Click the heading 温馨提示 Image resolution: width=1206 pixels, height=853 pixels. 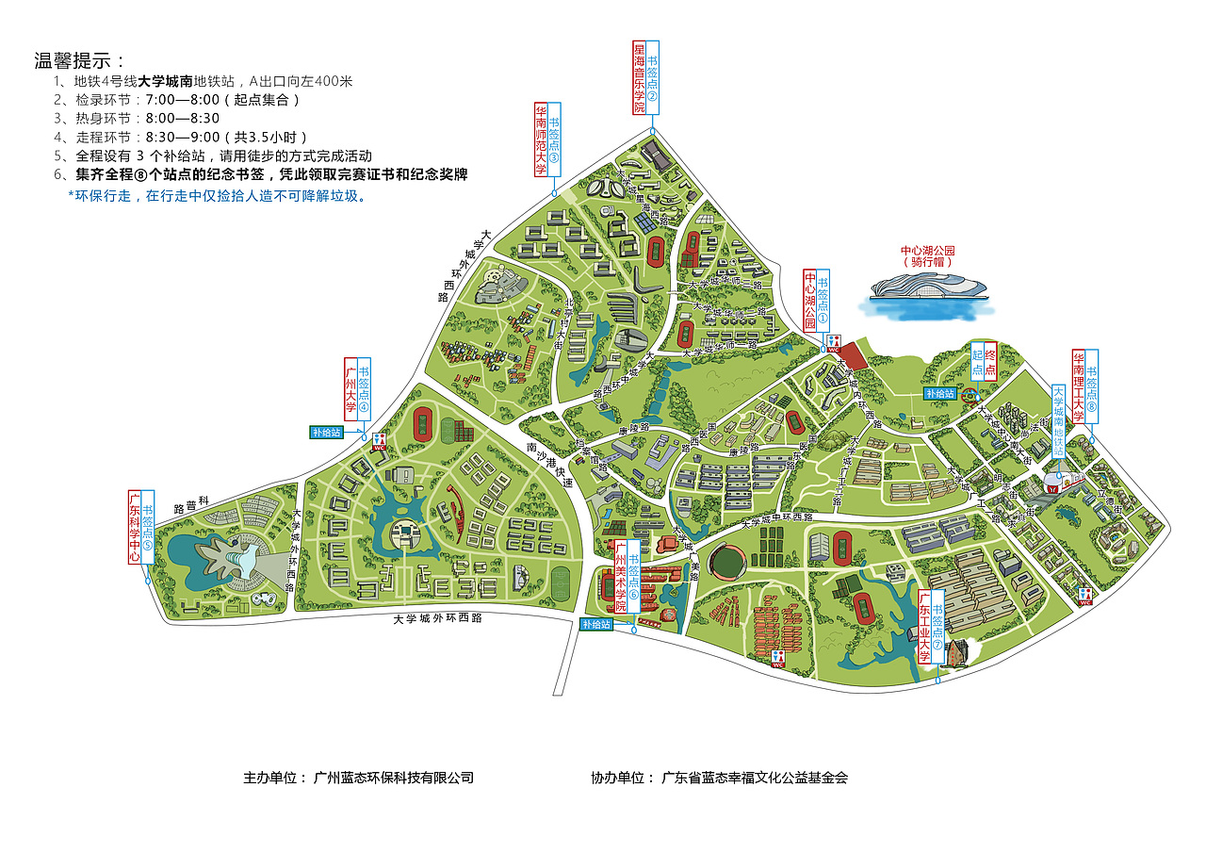[80, 61]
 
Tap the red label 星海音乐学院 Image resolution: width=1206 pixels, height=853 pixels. [639, 77]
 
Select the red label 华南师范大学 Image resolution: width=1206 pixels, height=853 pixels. [541, 139]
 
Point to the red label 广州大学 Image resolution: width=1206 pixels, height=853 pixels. [350, 388]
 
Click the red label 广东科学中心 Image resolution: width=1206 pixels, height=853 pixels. [135, 527]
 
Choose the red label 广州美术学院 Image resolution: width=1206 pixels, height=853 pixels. [620, 576]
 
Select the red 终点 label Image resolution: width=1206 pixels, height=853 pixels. [990, 360]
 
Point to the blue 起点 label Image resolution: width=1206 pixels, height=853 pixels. [977, 360]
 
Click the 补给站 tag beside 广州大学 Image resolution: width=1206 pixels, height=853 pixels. [325, 433]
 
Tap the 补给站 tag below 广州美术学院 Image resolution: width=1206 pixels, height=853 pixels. [595, 624]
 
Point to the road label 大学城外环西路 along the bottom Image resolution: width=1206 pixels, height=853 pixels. [438, 618]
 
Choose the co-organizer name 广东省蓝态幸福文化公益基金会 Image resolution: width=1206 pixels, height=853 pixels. [754, 779]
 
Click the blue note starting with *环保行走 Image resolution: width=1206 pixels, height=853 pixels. [216, 196]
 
